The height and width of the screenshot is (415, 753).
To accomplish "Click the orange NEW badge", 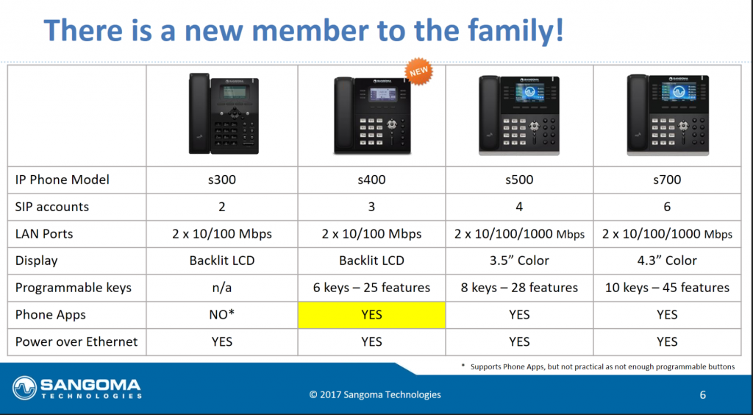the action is [x=418, y=71].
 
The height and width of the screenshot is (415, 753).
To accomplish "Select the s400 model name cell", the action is [x=371, y=180].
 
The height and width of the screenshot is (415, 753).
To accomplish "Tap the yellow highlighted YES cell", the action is [x=371, y=315].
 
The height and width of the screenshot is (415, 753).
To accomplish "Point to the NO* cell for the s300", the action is [x=222, y=315].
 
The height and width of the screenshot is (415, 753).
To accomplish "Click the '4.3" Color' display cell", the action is [x=667, y=260].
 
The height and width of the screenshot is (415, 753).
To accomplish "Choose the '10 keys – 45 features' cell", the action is [x=667, y=288].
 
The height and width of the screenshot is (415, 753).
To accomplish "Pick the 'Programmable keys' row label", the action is [x=73, y=288].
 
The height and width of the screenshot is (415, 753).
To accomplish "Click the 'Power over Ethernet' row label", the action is [x=76, y=341].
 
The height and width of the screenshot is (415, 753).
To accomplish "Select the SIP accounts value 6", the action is [x=667, y=207].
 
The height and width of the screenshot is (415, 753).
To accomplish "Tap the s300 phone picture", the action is [x=224, y=114].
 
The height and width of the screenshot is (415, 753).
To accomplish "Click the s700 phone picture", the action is [x=668, y=115].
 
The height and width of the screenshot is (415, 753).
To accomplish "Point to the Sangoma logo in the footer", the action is [x=76, y=388].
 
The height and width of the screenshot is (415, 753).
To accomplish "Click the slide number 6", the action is [x=702, y=395].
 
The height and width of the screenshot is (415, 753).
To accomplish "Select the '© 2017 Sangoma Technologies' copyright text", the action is [x=375, y=395].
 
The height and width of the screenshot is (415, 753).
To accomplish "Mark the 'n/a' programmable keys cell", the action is [x=222, y=288].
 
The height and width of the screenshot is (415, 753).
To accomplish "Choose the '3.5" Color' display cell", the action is [x=519, y=260].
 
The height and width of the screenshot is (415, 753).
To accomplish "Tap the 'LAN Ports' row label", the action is [x=44, y=234].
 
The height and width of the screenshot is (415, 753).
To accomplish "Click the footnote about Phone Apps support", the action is [x=598, y=367].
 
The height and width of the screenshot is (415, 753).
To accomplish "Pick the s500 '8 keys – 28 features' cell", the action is [x=519, y=288].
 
